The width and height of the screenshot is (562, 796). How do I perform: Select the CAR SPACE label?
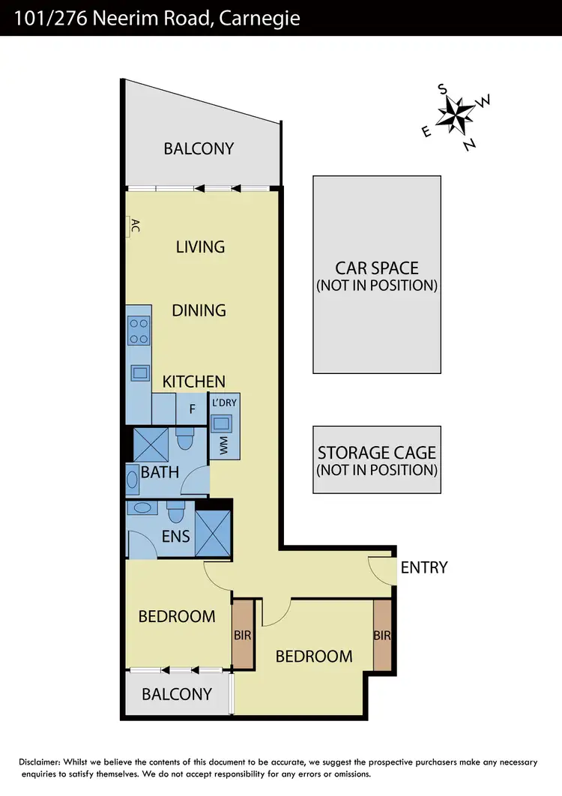tap(377, 268)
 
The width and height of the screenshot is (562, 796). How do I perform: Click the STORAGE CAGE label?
tap(377, 453)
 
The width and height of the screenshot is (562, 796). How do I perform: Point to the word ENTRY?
tap(424, 567)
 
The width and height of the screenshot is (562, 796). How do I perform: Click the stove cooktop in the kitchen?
tap(139, 331)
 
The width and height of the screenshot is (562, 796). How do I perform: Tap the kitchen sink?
tap(139, 372)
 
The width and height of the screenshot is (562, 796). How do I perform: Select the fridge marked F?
tap(192, 409)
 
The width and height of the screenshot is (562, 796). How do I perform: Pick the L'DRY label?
tap(224, 402)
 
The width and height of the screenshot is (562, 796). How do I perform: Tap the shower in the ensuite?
tap(213, 532)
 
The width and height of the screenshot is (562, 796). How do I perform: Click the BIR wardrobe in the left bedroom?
tap(243, 634)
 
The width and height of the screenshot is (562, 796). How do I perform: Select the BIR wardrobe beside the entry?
tap(383, 636)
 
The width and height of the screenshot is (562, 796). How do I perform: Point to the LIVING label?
tap(200, 247)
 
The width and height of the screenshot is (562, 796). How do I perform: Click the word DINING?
tap(199, 310)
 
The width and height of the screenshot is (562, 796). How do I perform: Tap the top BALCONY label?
tap(199, 148)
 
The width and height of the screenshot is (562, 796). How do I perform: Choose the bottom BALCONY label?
tap(177, 694)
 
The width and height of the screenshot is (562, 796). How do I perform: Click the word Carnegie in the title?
tap(259, 17)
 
